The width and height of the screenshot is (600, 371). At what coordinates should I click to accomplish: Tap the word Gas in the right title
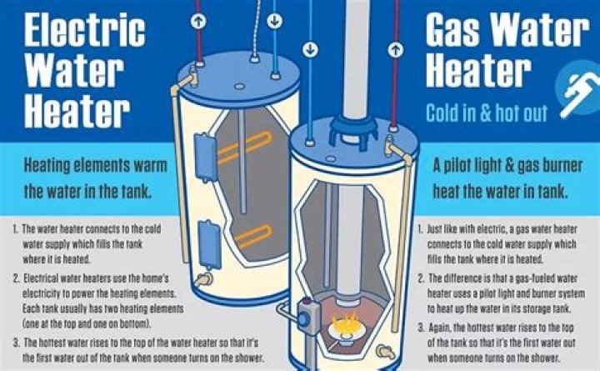point(456,31)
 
